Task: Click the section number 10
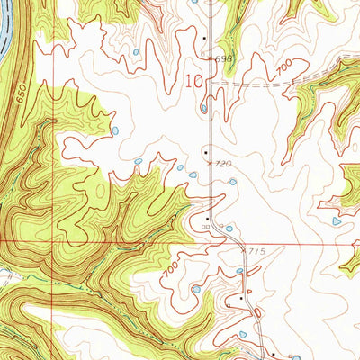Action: point(193,81)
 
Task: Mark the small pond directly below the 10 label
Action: point(205,109)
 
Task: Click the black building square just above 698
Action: point(205,39)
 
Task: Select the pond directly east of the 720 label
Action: point(233,182)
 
